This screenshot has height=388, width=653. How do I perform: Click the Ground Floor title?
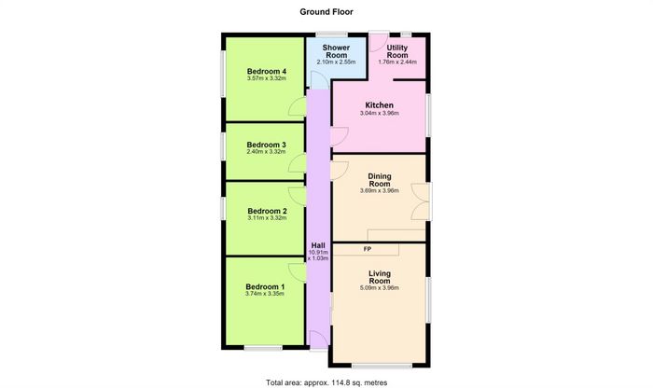point(326,11)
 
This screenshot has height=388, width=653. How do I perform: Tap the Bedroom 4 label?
point(267,71)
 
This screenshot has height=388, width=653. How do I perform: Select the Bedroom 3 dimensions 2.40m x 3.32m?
point(267,151)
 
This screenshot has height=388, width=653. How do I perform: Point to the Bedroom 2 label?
point(267,211)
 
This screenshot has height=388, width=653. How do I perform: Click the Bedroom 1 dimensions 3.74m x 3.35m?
point(265,294)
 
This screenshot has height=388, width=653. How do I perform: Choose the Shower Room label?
point(336,51)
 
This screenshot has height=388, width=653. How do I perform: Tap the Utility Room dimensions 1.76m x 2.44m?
point(397,62)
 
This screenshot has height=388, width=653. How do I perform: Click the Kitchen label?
point(379,105)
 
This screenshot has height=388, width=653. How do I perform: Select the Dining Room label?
point(380,180)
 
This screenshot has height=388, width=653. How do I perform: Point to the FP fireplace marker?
point(368,249)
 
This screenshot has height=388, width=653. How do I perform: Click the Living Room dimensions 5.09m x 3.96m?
point(380,287)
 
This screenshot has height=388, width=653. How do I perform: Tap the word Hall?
point(318,245)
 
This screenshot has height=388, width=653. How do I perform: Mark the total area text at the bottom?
point(326,382)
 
